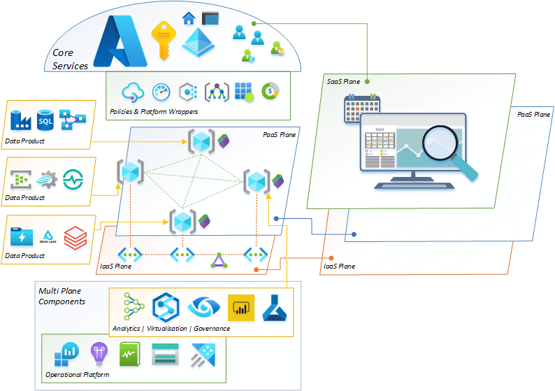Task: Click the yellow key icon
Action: [163, 41]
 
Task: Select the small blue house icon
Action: [187, 18]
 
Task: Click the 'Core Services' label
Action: [70, 59]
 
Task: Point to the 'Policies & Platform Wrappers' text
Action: [154, 112]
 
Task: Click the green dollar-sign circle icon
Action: [269, 91]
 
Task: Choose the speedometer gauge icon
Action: [161, 92]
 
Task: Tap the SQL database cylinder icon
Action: [45, 120]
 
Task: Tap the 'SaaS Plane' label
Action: [344, 82]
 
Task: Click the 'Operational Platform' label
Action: [78, 376]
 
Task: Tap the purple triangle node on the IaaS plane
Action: [219, 262]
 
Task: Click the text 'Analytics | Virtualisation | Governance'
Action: [171, 328]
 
